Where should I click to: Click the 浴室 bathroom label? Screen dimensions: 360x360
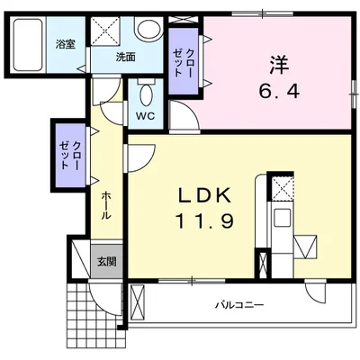[66, 45]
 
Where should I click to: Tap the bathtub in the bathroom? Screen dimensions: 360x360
[28, 45]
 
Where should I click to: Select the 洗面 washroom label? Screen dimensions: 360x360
[126, 57]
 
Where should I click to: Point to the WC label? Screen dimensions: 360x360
[145, 116]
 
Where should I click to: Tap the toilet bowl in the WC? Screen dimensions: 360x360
[146, 94]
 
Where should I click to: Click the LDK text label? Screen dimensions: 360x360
[205, 195]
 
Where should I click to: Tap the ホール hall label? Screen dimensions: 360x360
[106, 205]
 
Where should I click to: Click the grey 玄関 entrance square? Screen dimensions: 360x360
[106, 262]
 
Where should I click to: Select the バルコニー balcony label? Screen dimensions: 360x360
[239, 305]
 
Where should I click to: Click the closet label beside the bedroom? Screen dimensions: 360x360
[183, 63]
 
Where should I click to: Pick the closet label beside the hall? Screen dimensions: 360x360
[70, 155]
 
